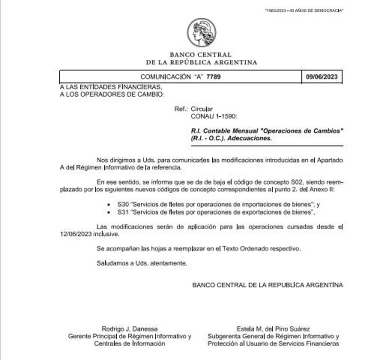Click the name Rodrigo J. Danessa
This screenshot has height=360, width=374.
(129, 329)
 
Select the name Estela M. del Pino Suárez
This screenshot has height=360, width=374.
(273, 329)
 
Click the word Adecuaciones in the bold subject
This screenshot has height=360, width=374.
(252, 139)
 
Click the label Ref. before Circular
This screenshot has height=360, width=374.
(180, 109)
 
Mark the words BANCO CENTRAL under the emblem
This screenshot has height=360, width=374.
(201, 55)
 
